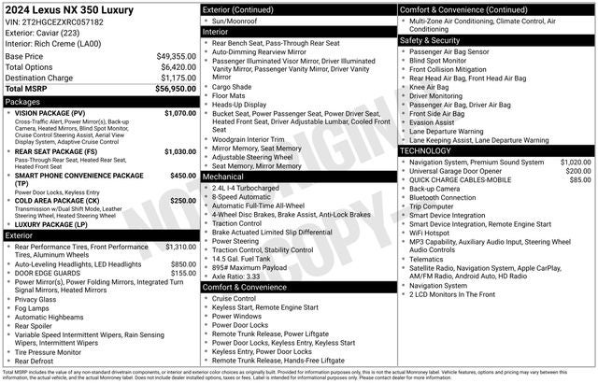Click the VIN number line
[x=54, y=21]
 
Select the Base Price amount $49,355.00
[x=176, y=56]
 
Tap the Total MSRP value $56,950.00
[x=176, y=88]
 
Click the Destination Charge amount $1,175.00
[x=178, y=78]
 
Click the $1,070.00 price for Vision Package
[x=179, y=113]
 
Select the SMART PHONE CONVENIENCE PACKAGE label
[x=79, y=176]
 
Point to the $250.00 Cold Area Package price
[x=183, y=200]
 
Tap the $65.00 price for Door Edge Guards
[x=185, y=274]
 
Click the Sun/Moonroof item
[x=239, y=20]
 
